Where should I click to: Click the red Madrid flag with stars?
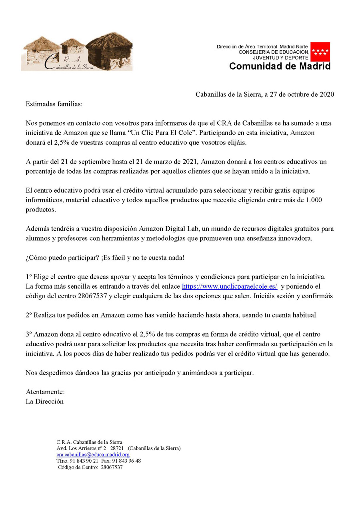(320, 52)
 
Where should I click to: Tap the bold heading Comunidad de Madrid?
(280, 66)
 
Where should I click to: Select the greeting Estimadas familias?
(54, 104)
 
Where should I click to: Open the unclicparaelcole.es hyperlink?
(230, 287)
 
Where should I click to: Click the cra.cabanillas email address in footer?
(93, 455)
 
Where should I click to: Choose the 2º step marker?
(28, 315)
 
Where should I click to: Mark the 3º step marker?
(28, 334)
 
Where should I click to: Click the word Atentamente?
(45, 392)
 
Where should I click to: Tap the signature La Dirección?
(44, 401)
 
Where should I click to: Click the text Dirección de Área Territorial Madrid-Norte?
(262, 47)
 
